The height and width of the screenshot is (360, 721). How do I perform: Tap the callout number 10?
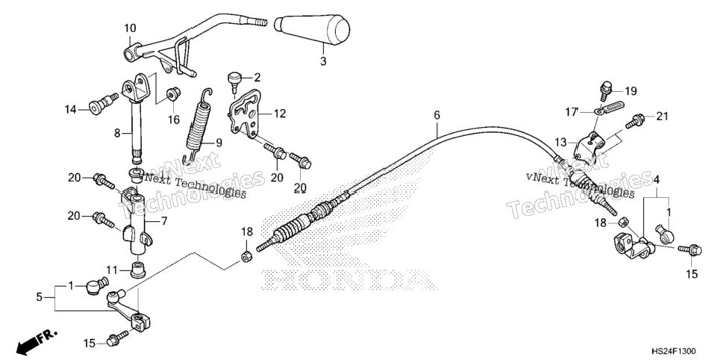coord(130,28)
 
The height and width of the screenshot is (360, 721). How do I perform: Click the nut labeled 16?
coord(174,94)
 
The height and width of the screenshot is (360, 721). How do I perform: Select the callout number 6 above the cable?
coord(437,115)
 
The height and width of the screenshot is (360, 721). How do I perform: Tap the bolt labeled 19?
coord(606,90)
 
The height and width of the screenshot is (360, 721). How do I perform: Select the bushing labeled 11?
coord(137,270)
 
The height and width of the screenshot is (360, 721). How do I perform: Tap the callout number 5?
coord(40,297)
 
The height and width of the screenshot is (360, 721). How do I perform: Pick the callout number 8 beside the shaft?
coord(117,134)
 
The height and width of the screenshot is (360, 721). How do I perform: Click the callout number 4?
coord(657,179)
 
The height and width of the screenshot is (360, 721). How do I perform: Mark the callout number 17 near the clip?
coord(572,111)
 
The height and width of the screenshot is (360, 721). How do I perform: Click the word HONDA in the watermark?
coord(349,279)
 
